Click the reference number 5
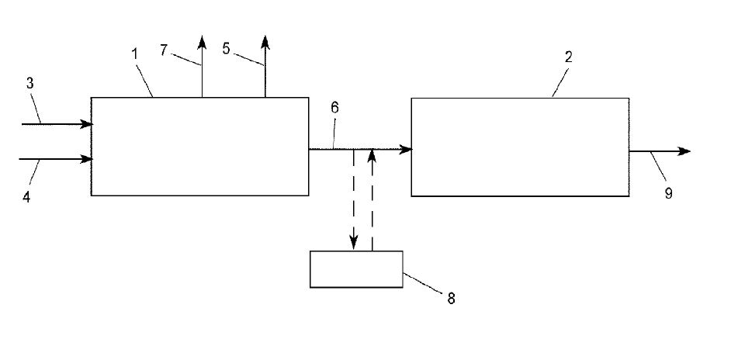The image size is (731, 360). [x=226, y=48]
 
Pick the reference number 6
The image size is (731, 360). [x=334, y=108]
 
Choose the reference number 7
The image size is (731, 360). [x=164, y=48]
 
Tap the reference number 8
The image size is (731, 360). [x=451, y=298]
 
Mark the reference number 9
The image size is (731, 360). [x=668, y=193]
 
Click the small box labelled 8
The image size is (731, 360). [x=356, y=269]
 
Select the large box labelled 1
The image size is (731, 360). [x=199, y=146]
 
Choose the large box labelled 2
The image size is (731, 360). [x=519, y=147]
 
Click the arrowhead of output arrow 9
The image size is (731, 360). [x=684, y=151]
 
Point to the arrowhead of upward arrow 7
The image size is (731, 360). [x=202, y=40]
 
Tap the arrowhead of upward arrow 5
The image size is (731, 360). [x=265, y=40]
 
